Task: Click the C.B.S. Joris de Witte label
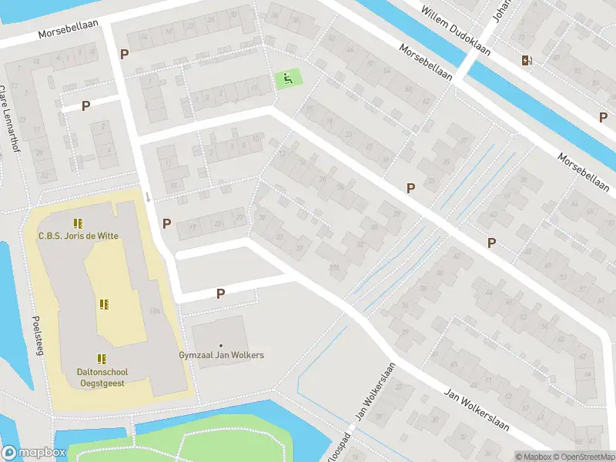79,236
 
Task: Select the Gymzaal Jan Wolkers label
221,355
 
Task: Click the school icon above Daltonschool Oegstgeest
101,358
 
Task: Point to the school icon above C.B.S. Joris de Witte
78,223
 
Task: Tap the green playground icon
286,77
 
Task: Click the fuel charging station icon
526,60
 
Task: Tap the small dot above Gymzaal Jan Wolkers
221,345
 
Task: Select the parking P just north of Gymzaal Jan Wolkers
220,293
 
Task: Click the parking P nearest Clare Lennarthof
85,105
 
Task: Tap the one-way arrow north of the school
148,197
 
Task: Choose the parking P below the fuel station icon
603,117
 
